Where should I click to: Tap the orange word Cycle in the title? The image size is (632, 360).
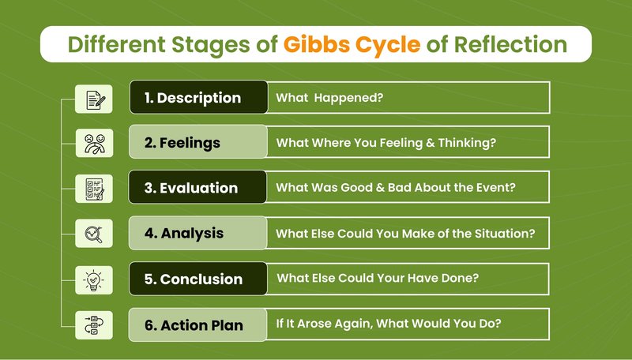click(x=388, y=46)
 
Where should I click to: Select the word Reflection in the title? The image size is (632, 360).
click(x=510, y=44)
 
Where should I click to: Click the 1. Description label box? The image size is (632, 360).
click(x=199, y=97)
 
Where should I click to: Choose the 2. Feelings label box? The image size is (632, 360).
click(x=198, y=142)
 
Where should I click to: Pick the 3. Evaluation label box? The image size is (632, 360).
click(x=197, y=187)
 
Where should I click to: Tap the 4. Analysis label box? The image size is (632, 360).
click(x=198, y=233)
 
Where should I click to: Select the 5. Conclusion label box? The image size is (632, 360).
click(x=198, y=279)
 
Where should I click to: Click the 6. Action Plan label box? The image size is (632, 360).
click(x=197, y=325)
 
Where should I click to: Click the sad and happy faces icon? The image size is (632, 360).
click(x=95, y=144)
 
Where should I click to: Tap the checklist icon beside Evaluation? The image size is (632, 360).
click(x=95, y=189)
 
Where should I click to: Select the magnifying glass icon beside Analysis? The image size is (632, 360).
click(x=94, y=234)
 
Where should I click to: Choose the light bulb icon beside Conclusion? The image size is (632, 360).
click(x=93, y=280)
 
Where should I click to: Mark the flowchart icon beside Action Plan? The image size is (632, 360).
click(x=94, y=325)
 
